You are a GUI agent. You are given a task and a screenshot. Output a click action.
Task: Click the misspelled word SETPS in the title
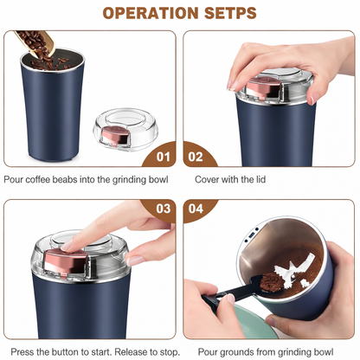(x=228, y=13)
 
